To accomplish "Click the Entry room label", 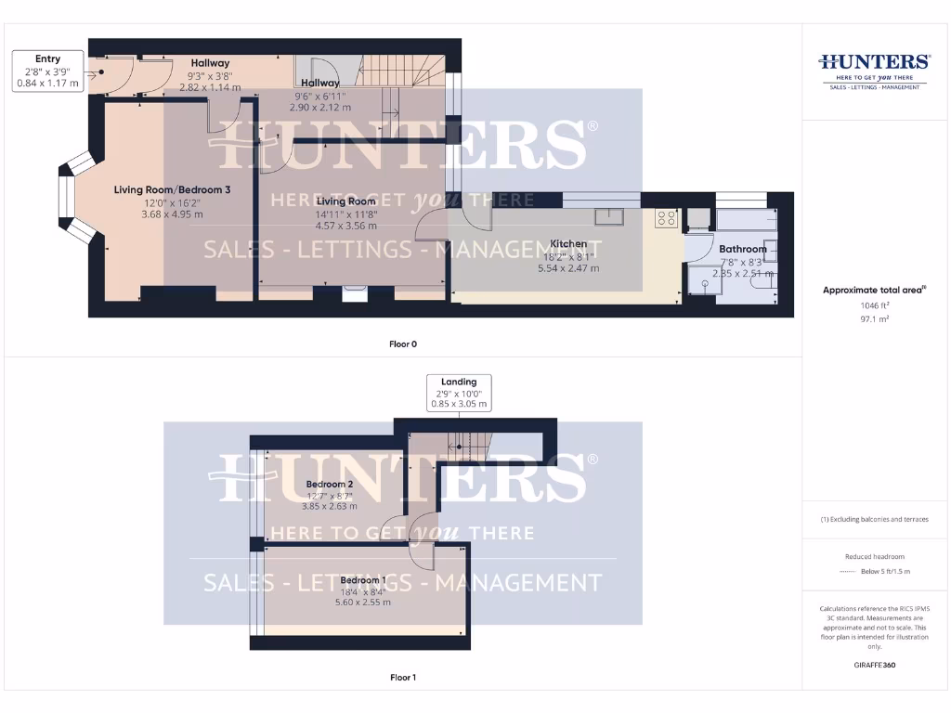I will click(47, 59).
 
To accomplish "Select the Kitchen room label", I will click(568, 243).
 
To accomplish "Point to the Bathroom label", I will click(743, 249).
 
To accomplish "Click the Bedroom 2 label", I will click(329, 484).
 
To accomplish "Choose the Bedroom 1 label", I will click(363, 580).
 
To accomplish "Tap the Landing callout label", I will click(459, 382).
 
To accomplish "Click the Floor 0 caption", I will click(403, 344).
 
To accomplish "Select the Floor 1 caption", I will click(403, 678).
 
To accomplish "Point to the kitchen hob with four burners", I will click(666, 219).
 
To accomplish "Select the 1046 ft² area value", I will click(874, 305).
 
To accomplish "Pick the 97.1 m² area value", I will click(874, 318).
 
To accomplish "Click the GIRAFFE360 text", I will click(874, 665).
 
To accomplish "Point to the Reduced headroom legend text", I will click(874, 557).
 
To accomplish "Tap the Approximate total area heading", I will click(874, 291).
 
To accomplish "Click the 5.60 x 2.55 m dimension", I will click(363, 602).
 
